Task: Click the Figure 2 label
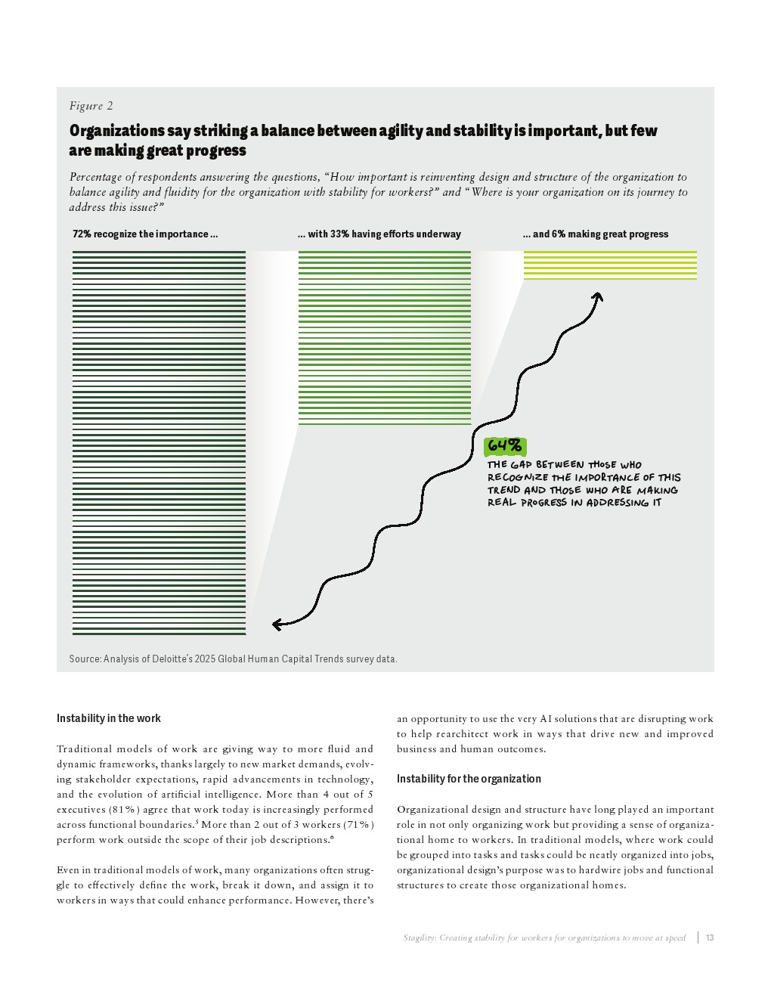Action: (x=91, y=106)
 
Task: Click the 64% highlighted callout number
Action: (x=504, y=446)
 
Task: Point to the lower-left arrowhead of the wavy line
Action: (x=277, y=624)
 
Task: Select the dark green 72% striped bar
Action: (x=159, y=442)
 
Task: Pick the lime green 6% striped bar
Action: (x=610, y=265)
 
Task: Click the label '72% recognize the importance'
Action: (x=145, y=234)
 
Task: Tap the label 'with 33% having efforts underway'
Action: (x=379, y=234)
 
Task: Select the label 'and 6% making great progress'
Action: (x=596, y=234)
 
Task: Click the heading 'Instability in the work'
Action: (x=108, y=718)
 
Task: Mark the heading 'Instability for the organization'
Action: (x=469, y=779)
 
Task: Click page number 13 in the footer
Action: (x=710, y=938)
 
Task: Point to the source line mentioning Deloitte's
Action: (x=233, y=659)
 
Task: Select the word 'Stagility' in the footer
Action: (x=419, y=938)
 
